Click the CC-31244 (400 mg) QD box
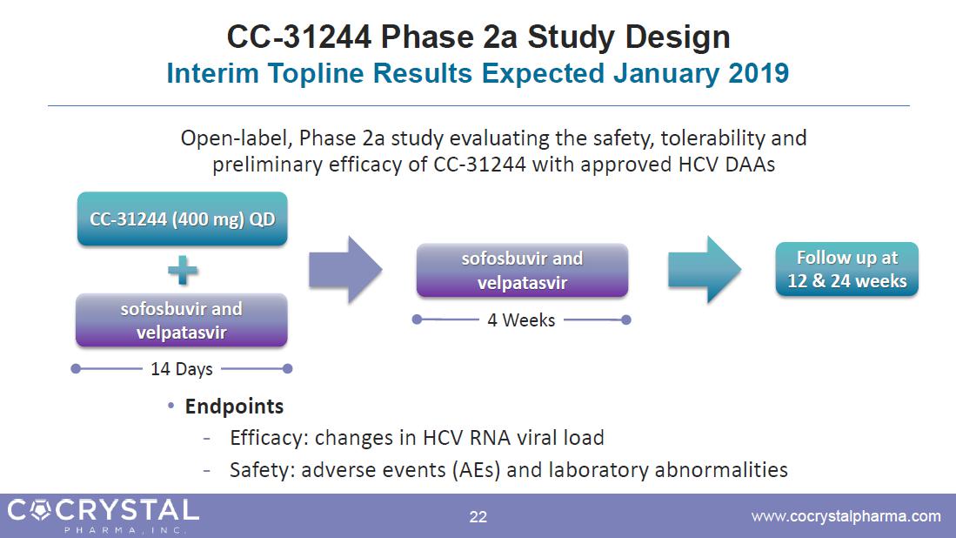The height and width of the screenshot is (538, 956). (183, 219)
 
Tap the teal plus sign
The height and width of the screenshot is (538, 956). (183, 270)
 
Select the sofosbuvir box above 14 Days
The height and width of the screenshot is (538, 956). (182, 320)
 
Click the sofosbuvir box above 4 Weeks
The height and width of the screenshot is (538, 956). (522, 270)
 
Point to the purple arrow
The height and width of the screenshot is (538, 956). (345, 270)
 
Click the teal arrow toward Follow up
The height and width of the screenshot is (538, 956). (705, 270)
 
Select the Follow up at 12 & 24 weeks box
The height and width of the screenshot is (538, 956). (847, 269)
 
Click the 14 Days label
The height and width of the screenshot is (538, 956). (182, 369)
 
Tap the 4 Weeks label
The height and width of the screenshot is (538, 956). (521, 320)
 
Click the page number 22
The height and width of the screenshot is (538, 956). (478, 517)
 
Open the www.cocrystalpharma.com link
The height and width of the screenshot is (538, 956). (846, 516)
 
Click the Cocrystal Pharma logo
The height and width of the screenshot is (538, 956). (103, 515)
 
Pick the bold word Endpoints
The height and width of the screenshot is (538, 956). (234, 407)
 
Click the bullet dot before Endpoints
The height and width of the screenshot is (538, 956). (171, 406)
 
